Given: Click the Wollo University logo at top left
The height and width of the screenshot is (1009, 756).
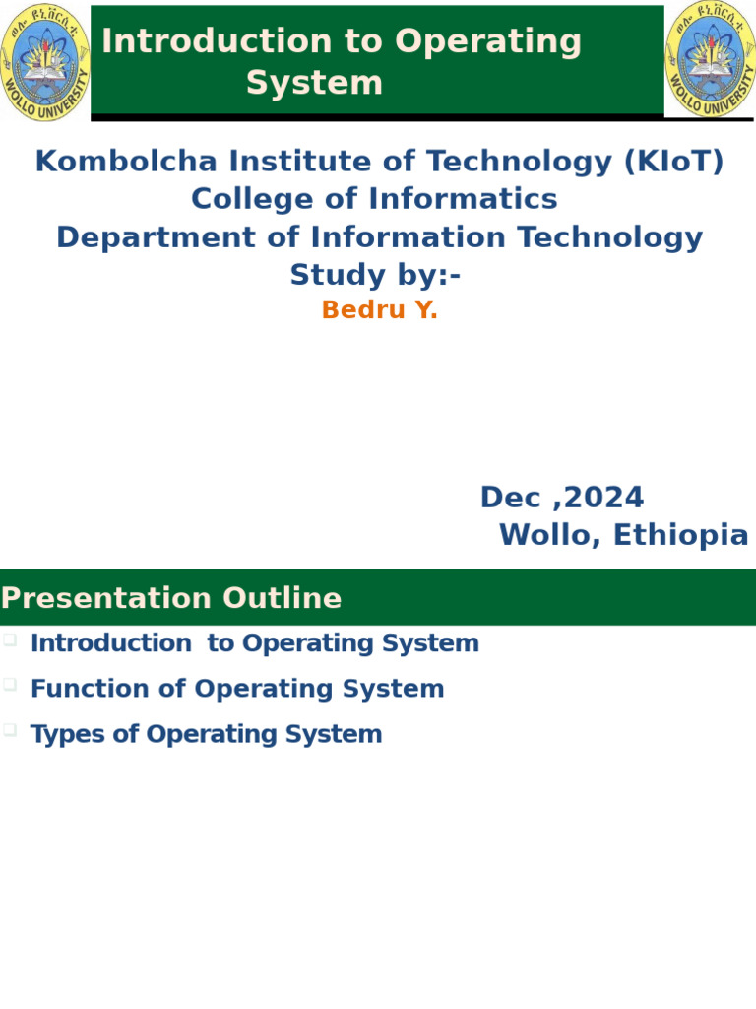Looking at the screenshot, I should point(45,61).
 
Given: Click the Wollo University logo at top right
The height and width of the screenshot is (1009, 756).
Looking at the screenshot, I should point(711,59).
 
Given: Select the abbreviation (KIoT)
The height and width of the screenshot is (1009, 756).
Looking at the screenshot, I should point(673,162).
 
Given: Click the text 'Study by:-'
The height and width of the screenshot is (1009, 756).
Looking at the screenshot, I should point(375,275).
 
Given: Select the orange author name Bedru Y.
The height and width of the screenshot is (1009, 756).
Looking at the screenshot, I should point(379,310).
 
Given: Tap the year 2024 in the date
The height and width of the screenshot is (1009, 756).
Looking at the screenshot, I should point(604,498).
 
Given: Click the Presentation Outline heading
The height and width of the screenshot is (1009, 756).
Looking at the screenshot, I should point(171,598).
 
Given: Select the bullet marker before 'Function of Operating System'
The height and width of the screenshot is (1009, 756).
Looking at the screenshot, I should point(10,685).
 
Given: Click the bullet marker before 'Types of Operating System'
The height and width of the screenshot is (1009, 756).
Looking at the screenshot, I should point(10,730).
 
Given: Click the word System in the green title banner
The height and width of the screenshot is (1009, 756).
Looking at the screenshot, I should point(314,83).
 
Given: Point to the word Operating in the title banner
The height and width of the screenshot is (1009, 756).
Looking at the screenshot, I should point(488,41).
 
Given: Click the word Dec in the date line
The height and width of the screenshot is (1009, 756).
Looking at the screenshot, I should point(511,498).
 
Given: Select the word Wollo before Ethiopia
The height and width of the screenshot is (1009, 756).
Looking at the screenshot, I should point(541,535).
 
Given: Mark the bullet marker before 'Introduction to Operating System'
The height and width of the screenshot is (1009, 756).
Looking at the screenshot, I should point(10,639).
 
